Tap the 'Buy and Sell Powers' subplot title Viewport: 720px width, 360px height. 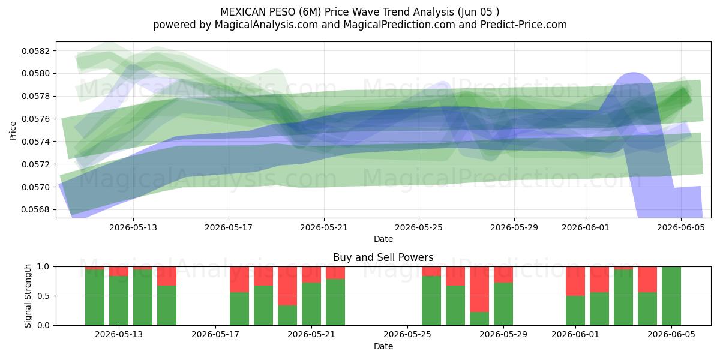(383, 257)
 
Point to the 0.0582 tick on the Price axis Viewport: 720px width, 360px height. (35, 51)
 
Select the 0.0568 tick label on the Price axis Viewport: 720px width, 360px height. (35, 209)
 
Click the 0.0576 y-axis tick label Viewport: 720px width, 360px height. (35, 119)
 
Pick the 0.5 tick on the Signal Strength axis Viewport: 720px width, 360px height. (43, 296)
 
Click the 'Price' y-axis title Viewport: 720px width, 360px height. (13, 131)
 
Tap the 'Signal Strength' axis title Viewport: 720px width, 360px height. (28, 296)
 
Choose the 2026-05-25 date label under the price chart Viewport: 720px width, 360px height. (419, 227)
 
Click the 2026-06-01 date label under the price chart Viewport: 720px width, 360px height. (586, 227)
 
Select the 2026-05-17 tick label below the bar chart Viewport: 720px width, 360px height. (215, 334)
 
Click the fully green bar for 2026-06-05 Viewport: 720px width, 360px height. (671, 296)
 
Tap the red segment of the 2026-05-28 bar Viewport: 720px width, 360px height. (479, 289)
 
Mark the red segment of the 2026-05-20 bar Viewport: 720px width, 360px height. (287, 286)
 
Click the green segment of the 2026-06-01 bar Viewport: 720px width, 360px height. (575, 311)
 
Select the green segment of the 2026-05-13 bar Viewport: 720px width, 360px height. (119, 301)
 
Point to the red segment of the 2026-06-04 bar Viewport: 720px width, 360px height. (647, 280)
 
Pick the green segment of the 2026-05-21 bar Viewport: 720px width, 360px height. (311, 304)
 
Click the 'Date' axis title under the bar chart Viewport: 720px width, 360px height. (383, 347)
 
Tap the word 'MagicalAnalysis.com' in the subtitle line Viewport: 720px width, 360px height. (266, 25)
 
